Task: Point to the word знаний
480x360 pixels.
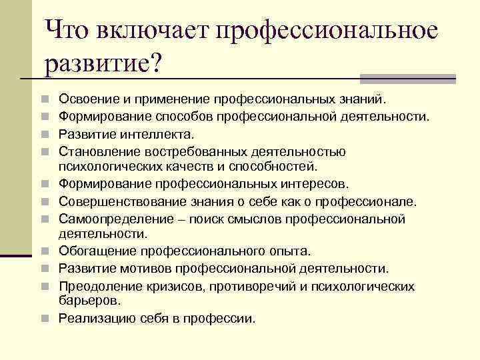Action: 361,100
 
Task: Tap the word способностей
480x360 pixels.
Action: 274,166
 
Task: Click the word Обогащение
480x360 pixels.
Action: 93,251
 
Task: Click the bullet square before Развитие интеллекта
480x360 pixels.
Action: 43,134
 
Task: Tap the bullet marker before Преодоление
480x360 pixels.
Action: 43,286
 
